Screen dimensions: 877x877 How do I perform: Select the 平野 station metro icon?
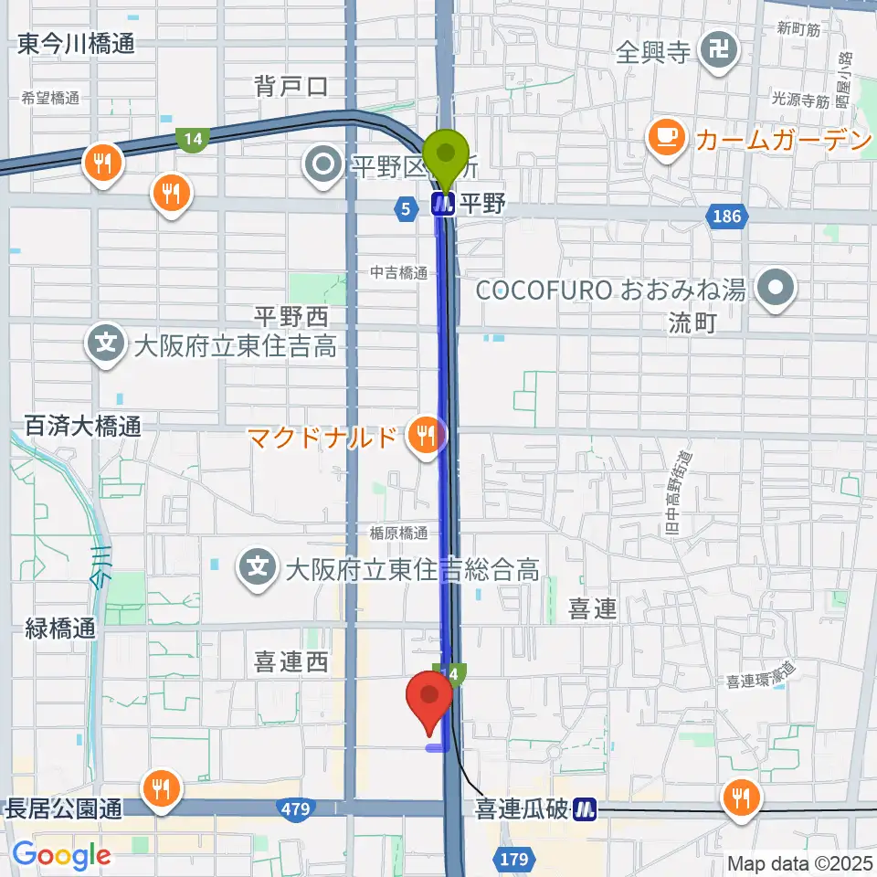444,205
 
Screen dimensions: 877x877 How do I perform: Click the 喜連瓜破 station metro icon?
585,808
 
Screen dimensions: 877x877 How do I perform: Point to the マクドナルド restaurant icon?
425,432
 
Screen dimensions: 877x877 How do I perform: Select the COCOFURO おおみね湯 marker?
777,291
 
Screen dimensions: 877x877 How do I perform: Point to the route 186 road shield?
728,216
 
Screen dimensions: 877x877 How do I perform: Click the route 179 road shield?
515,858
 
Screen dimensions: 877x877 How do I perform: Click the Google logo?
60,856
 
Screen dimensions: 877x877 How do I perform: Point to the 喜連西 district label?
291,662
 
